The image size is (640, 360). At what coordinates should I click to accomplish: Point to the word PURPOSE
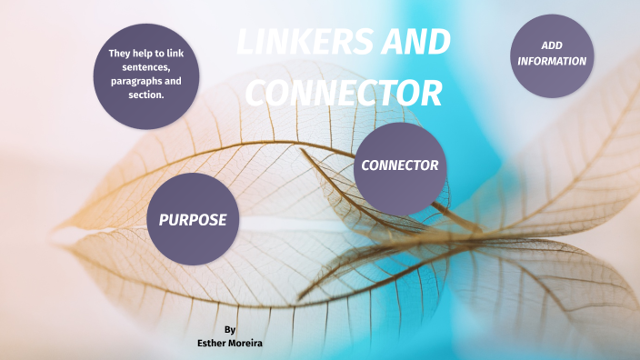click(193, 219)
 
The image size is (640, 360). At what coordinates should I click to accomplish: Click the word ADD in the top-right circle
click(552, 45)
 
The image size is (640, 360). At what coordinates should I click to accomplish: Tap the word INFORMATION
click(552, 61)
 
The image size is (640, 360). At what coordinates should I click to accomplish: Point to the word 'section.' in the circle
click(145, 95)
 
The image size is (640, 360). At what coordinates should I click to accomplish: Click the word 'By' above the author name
click(230, 329)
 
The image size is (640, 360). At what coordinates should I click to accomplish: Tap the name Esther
click(213, 344)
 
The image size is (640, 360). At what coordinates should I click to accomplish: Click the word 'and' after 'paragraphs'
click(173, 81)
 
